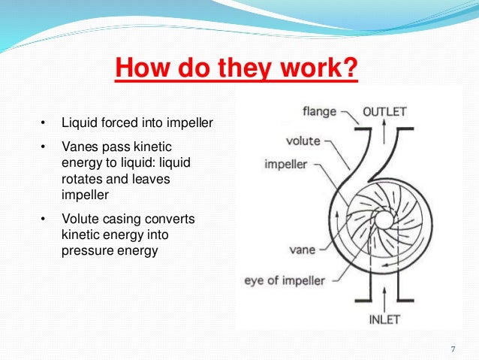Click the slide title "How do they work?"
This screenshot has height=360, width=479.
pyautogui.click(x=236, y=71)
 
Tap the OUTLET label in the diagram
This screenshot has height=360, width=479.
pyautogui.click(x=384, y=112)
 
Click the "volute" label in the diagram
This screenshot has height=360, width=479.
pyautogui.click(x=303, y=140)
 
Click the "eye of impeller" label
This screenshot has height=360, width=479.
pyautogui.click(x=285, y=281)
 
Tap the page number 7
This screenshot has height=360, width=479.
pyautogui.click(x=453, y=349)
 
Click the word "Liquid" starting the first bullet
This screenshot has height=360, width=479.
pyautogui.click(x=77, y=122)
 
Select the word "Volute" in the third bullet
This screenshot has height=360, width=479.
pyautogui.click(x=80, y=218)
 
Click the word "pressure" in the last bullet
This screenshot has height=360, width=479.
pyautogui.click(x=85, y=250)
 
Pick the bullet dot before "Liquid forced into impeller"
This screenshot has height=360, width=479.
pyautogui.click(x=43, y=122)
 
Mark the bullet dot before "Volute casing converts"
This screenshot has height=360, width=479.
pyautogui.click(x=43, y=218)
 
